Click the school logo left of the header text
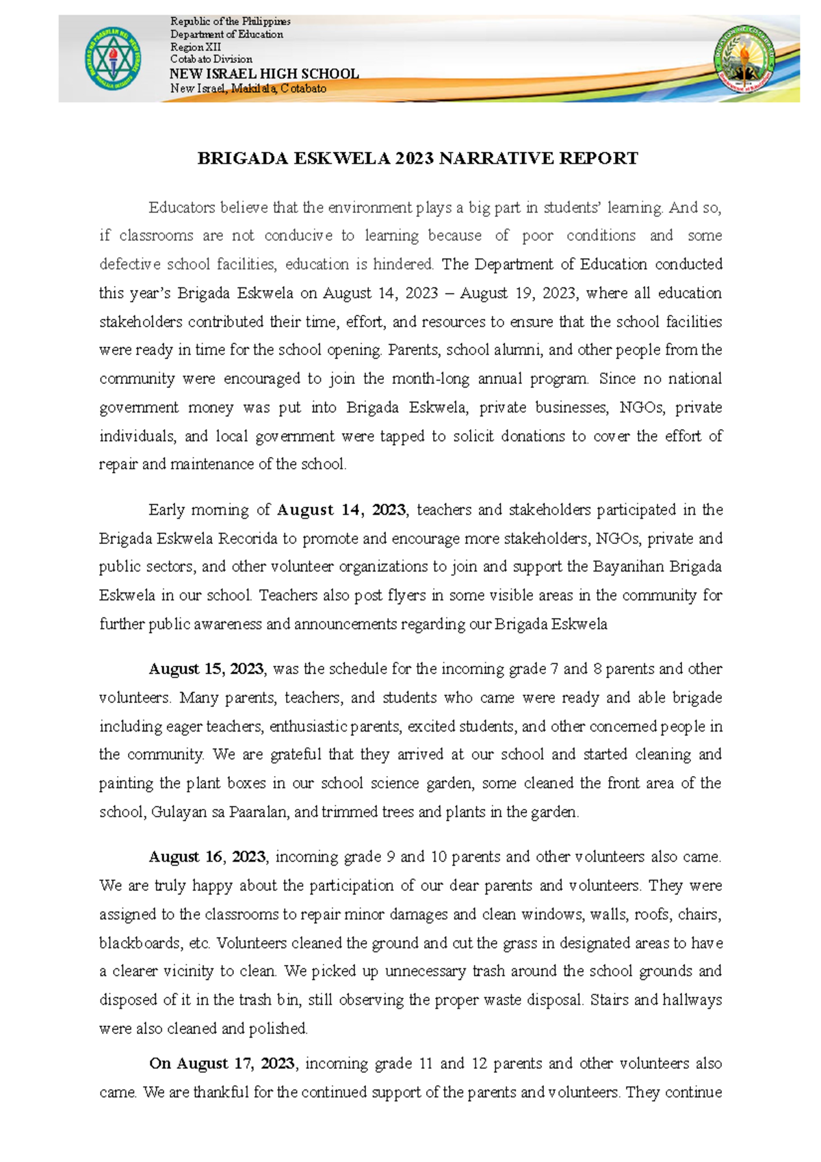coord(113,59)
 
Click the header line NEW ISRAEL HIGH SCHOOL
coord(264,74)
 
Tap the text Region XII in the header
coord(196,47)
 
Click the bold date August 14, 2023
coord(341,510)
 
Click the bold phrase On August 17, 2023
coord(222,1063)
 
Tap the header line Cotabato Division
coord(211,60)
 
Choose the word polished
coord(278,1029)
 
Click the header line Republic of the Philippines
coord(231,22)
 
